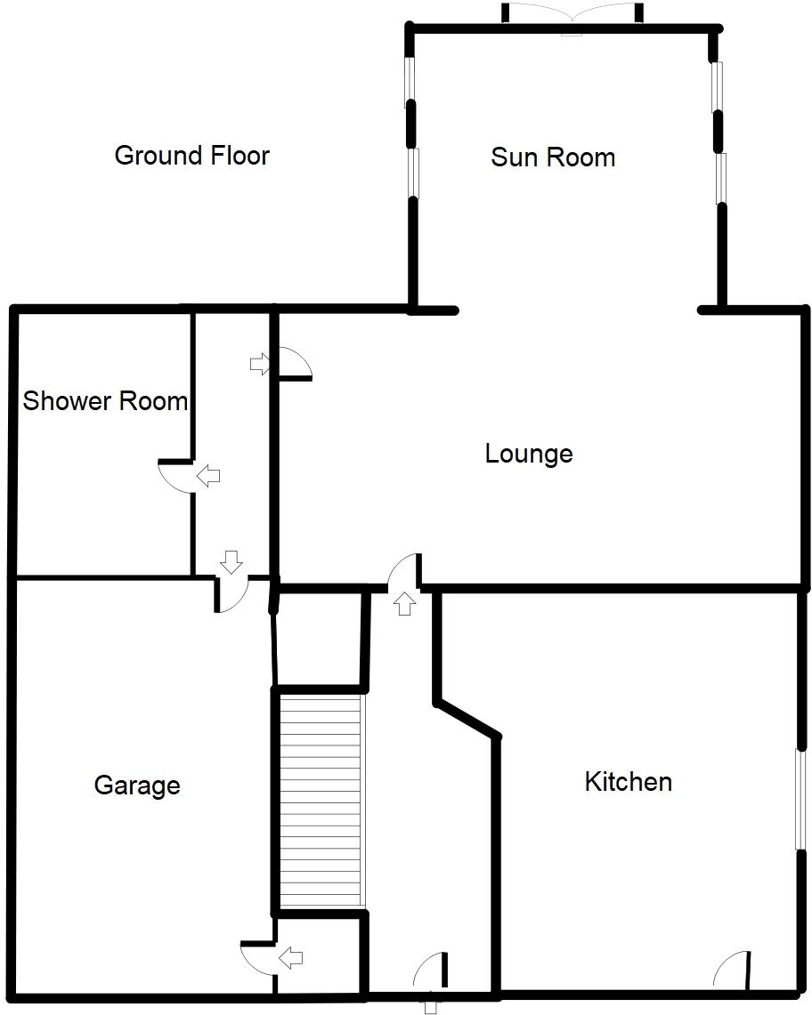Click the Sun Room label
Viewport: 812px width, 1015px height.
click(x=553, y=157)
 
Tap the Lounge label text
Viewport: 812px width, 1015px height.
click(x=528, y=454)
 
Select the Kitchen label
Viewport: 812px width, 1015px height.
click(x=628, y=782)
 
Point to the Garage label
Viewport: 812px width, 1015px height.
click(x=137, y=785)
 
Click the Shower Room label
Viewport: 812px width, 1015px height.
click(x=105, y=401)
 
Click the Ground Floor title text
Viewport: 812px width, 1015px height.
click(x=191, y=156)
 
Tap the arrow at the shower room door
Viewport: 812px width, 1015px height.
click(x=208, y=476)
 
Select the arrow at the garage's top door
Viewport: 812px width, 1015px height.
click(x=231, y=561)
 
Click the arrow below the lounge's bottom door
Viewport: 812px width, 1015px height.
click(x=404, y=604)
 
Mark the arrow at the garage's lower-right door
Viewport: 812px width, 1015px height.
click(x=290, y=958)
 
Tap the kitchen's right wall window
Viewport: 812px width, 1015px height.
click(x=800, y=800)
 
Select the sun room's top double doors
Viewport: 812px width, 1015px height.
click(x=571, y=18)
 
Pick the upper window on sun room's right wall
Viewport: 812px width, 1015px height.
click(x=716, y=86)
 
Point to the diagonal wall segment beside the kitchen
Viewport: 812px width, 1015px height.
click(x=467, y=719)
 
